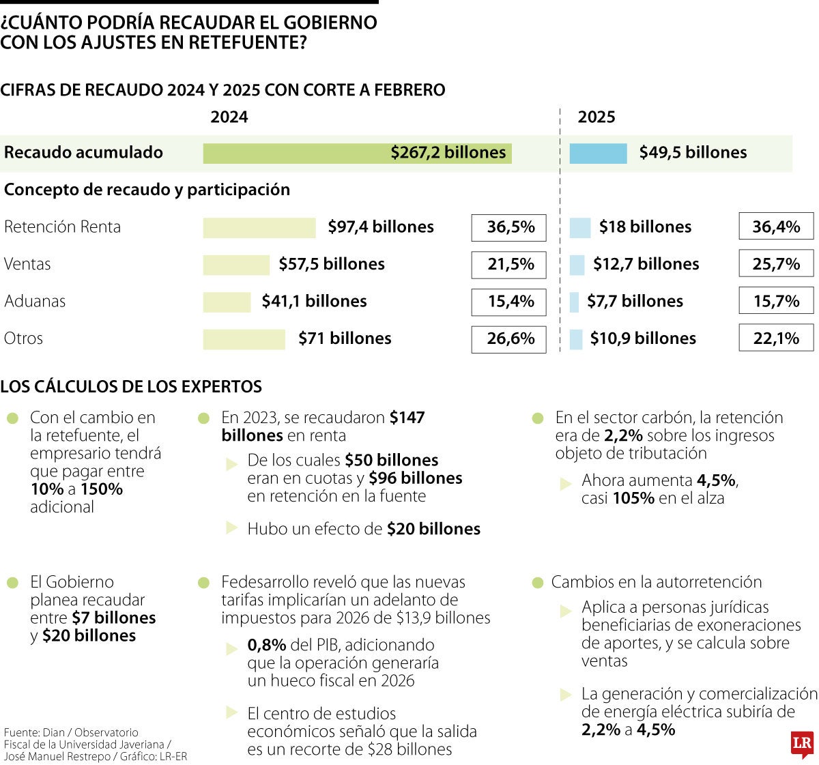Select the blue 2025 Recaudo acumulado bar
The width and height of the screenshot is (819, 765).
(598, 154)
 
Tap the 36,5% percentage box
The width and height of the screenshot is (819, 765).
(509, 227)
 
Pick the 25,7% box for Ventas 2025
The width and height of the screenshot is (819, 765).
(776, 264)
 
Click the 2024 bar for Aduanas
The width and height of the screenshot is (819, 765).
(227, 302)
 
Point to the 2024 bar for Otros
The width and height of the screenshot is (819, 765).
(244, 339)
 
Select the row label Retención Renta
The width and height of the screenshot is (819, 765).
(62, 227)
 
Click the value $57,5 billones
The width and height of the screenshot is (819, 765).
(332, 264)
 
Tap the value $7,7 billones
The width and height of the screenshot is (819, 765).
(635, 302)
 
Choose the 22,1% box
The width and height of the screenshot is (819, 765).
(776, 338)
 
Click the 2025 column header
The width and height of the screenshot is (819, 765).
(597, 117)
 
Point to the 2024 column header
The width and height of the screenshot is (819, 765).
(229, 117)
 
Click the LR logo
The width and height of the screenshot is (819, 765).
(802, 745)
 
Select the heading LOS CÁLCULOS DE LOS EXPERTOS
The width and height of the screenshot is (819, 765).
(131, 387)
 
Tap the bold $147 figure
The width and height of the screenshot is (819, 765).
(407, 418)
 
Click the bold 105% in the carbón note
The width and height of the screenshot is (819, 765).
(633, 498)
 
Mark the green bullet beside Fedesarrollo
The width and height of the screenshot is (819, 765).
(203, 583)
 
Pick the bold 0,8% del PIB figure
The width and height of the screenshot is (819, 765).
(267, 645)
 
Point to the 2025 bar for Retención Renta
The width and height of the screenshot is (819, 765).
(579, 227)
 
